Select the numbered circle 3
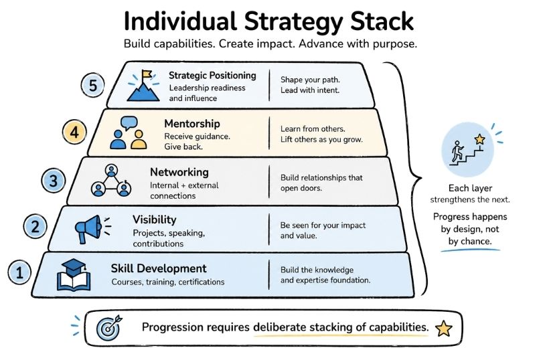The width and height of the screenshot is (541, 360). click(x=54, y=179)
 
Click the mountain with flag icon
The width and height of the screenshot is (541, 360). click(x=143, y=86)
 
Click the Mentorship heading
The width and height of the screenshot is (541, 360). click(x=192, y=124)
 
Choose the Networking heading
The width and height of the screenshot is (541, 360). click(x=179, y=172)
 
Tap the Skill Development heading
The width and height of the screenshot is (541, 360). click(x=159, y=268)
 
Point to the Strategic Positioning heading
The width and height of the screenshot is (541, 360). click(x=212, y=76)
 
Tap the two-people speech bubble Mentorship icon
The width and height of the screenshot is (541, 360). click(x=129, y=132)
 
